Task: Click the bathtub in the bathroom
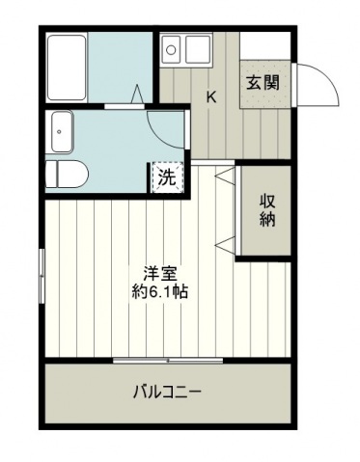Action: (67, 68)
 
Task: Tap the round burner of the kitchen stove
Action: (171, 50)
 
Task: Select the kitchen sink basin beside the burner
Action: (198, 49)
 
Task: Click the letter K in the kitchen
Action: (211, 96)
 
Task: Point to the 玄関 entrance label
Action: (263, 83)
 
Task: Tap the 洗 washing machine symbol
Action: (168, 177)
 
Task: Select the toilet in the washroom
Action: (67, 174)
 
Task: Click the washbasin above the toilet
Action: (62, 131)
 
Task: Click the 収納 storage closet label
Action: (267, 210)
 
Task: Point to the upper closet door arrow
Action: (225, 176)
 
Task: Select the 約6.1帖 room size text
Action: (160, 292)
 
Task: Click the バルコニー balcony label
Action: (167, 392)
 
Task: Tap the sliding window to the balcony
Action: (168, 361)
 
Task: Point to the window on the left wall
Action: (42, 276)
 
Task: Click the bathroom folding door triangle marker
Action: (137, 94)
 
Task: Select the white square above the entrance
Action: (264, 45)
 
